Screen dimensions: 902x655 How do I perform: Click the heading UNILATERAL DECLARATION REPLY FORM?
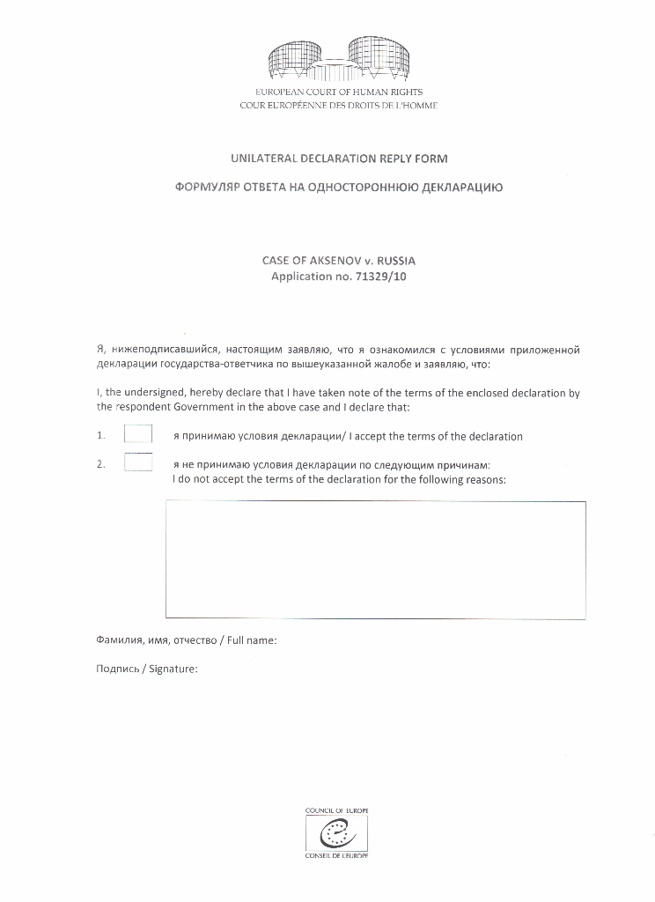point(339,159)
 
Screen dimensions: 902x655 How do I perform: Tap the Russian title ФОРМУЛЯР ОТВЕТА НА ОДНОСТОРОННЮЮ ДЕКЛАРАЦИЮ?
point(339,188)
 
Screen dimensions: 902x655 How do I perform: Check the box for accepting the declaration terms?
point(138,434)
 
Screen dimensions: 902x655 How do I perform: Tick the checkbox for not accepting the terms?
point(138,462)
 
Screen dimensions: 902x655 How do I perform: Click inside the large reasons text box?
point(375,559)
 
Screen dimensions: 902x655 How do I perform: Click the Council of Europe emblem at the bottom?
point(336,832)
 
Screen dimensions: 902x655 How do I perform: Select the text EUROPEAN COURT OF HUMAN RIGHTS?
point(339,92)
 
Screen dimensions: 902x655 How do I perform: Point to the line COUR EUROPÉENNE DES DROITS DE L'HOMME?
point(339,106)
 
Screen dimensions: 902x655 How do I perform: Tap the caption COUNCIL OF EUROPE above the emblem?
point(336,810)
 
